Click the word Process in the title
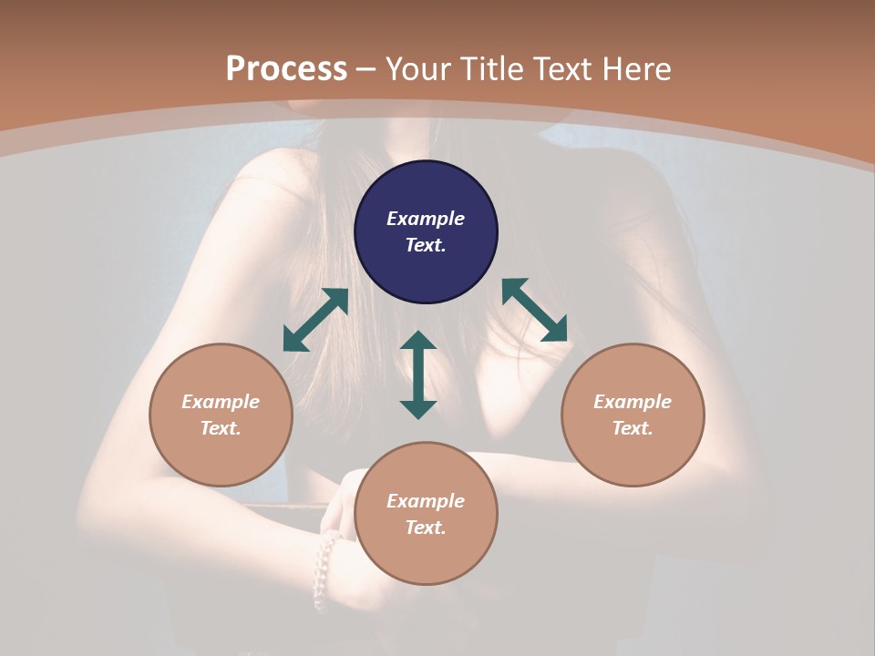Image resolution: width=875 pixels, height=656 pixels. coord(286,69)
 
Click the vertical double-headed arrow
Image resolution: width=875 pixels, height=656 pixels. coord(418,374)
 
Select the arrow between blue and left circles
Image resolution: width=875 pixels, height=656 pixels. coord(315,320)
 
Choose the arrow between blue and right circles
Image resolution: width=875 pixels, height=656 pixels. coord(534,310)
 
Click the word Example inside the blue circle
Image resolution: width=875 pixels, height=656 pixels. coord(426,219)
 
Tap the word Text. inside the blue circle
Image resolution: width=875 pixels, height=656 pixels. coord(426,245)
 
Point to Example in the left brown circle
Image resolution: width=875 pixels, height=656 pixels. coord(221,402)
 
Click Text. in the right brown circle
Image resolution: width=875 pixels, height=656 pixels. coord(633,428)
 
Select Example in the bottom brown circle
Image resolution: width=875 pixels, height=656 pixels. coord(426,501)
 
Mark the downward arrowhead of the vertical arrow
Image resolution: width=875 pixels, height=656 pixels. coord(418,409)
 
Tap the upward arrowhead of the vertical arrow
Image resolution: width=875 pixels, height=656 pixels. coord(418,340)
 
